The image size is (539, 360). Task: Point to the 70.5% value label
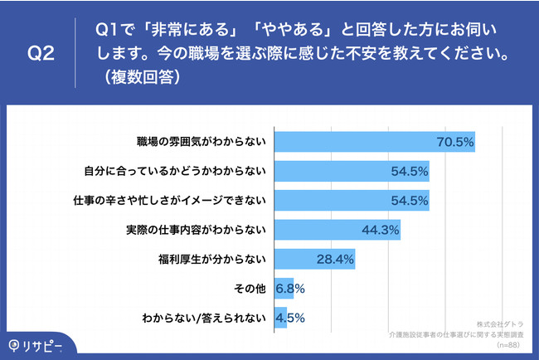pyautogui.click(x=454, y=143)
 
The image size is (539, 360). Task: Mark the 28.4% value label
pyautogui.click(x=335, y=260)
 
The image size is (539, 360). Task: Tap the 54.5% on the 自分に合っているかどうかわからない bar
pyautogui.click(x=409, y=172)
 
